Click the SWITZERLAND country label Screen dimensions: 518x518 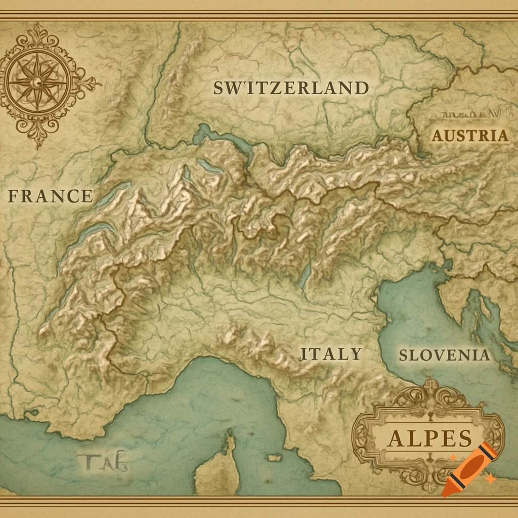[291, 88]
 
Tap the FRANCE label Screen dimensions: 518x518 [50, 196]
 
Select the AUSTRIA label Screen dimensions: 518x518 [469, 136]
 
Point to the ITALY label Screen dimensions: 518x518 [331, 354]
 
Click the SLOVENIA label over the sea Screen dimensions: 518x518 [445, 355]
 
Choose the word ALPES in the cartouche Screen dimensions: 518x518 [429, 438]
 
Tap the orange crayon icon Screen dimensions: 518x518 [468, 468]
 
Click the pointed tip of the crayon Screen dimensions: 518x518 [445, 493]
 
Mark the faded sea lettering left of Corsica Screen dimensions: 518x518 [103, 461]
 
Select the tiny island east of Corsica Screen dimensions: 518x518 [274, 458]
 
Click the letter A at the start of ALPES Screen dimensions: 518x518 [396, 439]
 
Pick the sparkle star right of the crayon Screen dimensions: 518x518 [490, 478]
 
